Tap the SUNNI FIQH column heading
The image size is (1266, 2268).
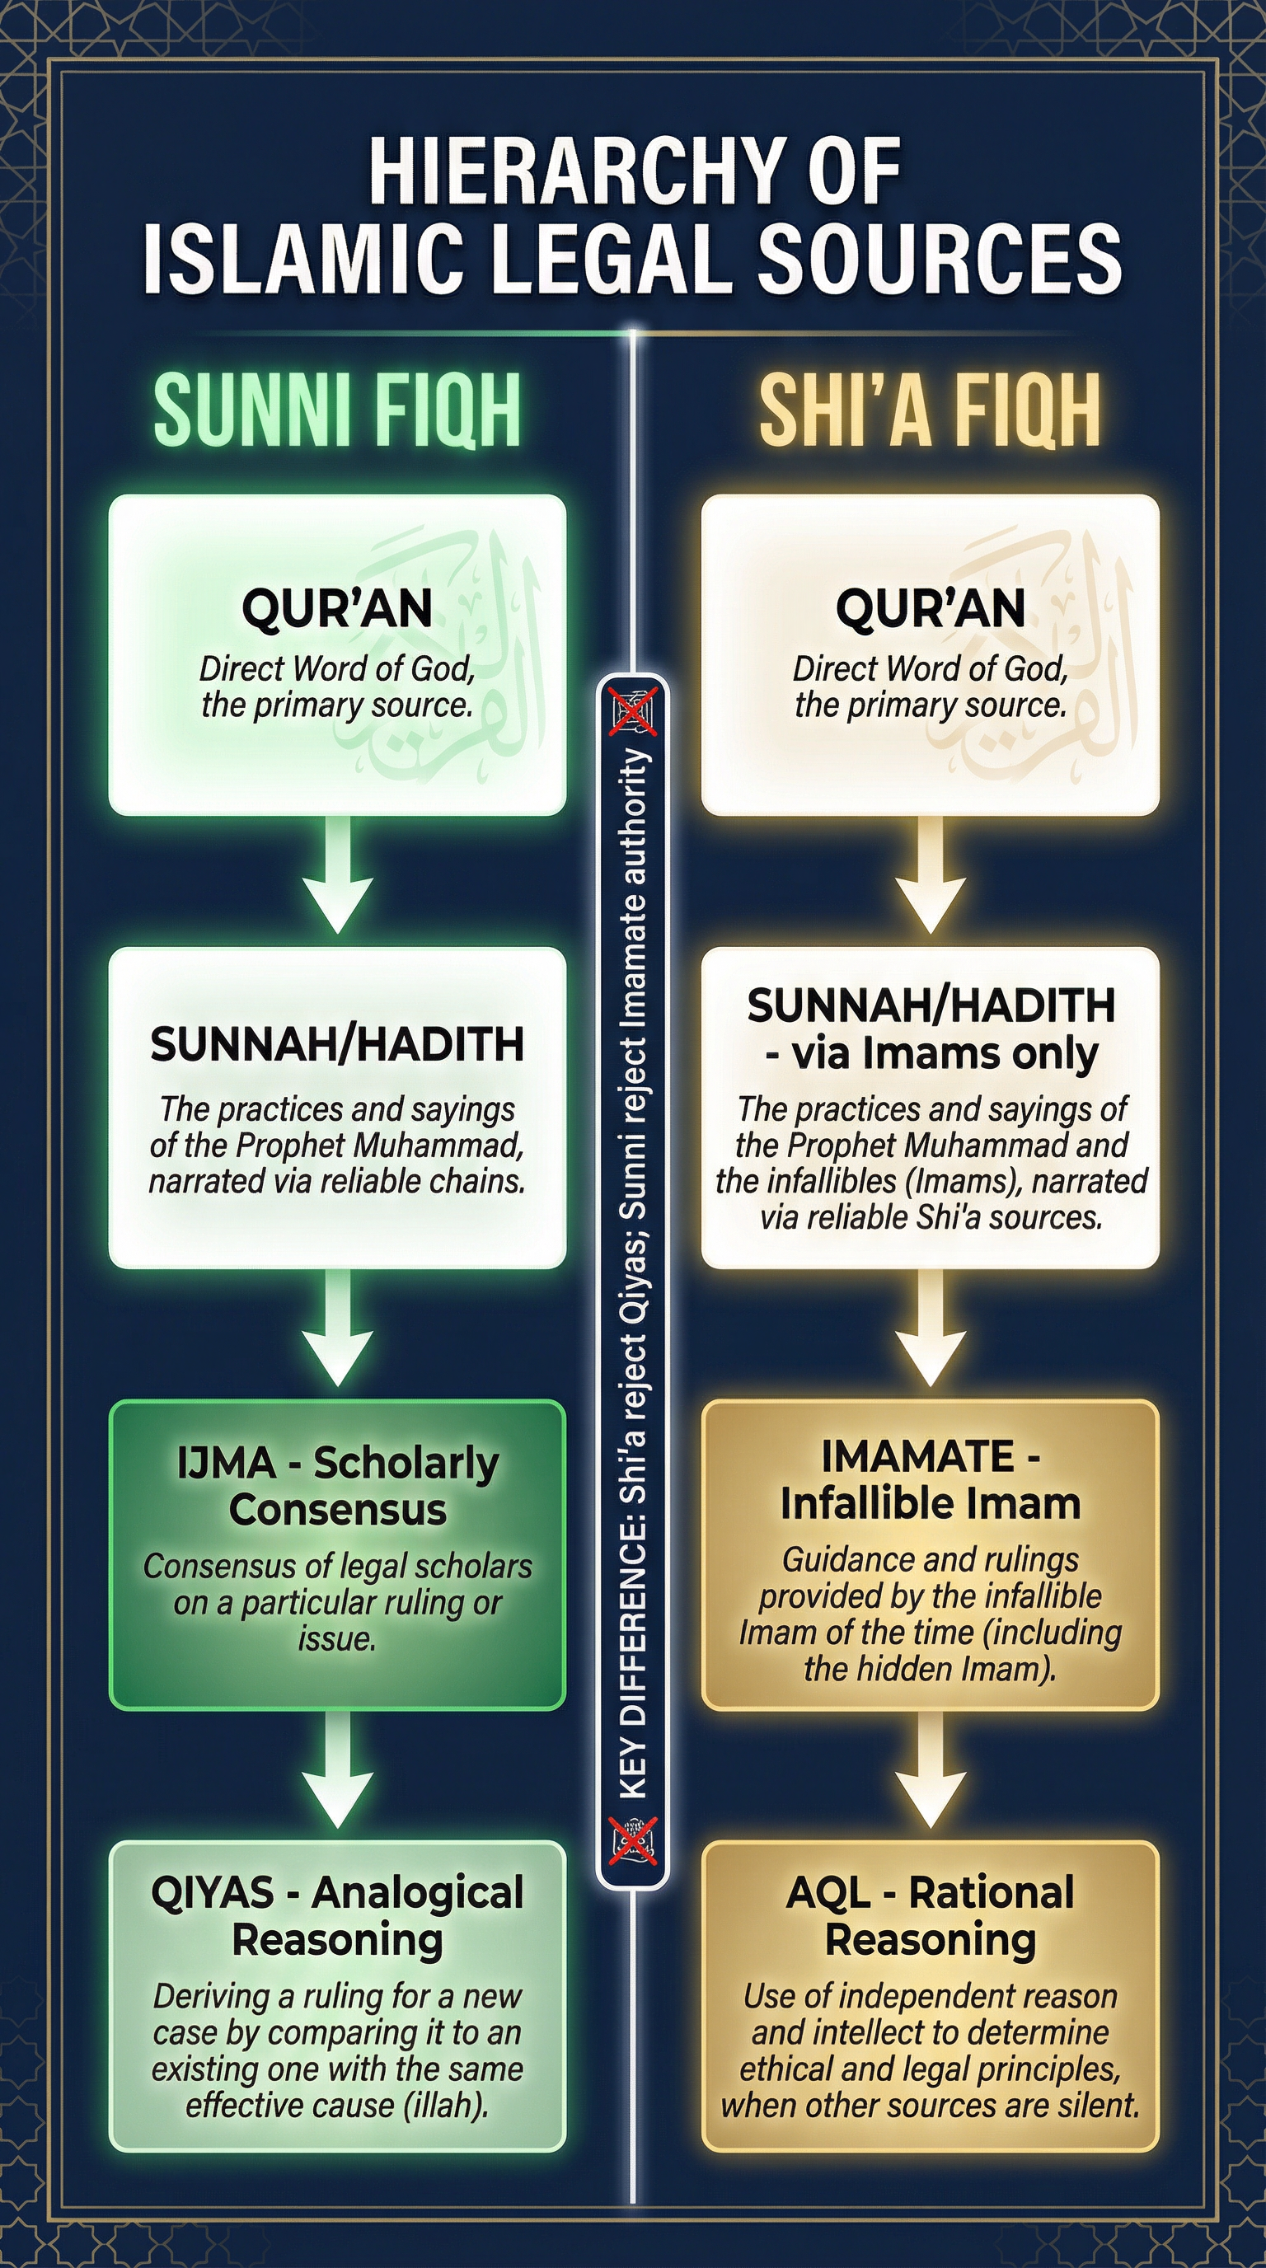pyautogui.click(x=337, y=410)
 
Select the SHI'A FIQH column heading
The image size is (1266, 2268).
pyautogui.click(x=930, y=410)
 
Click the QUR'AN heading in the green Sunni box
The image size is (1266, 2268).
pyautogui.click(x=337, y=607)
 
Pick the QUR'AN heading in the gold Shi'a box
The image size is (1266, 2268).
pyautogui.click(x=930, y=607)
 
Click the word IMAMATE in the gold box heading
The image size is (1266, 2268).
pyautogui.click(x=917, y=1456)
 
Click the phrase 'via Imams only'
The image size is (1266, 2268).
pyautogui.click(x=944, y=1054)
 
